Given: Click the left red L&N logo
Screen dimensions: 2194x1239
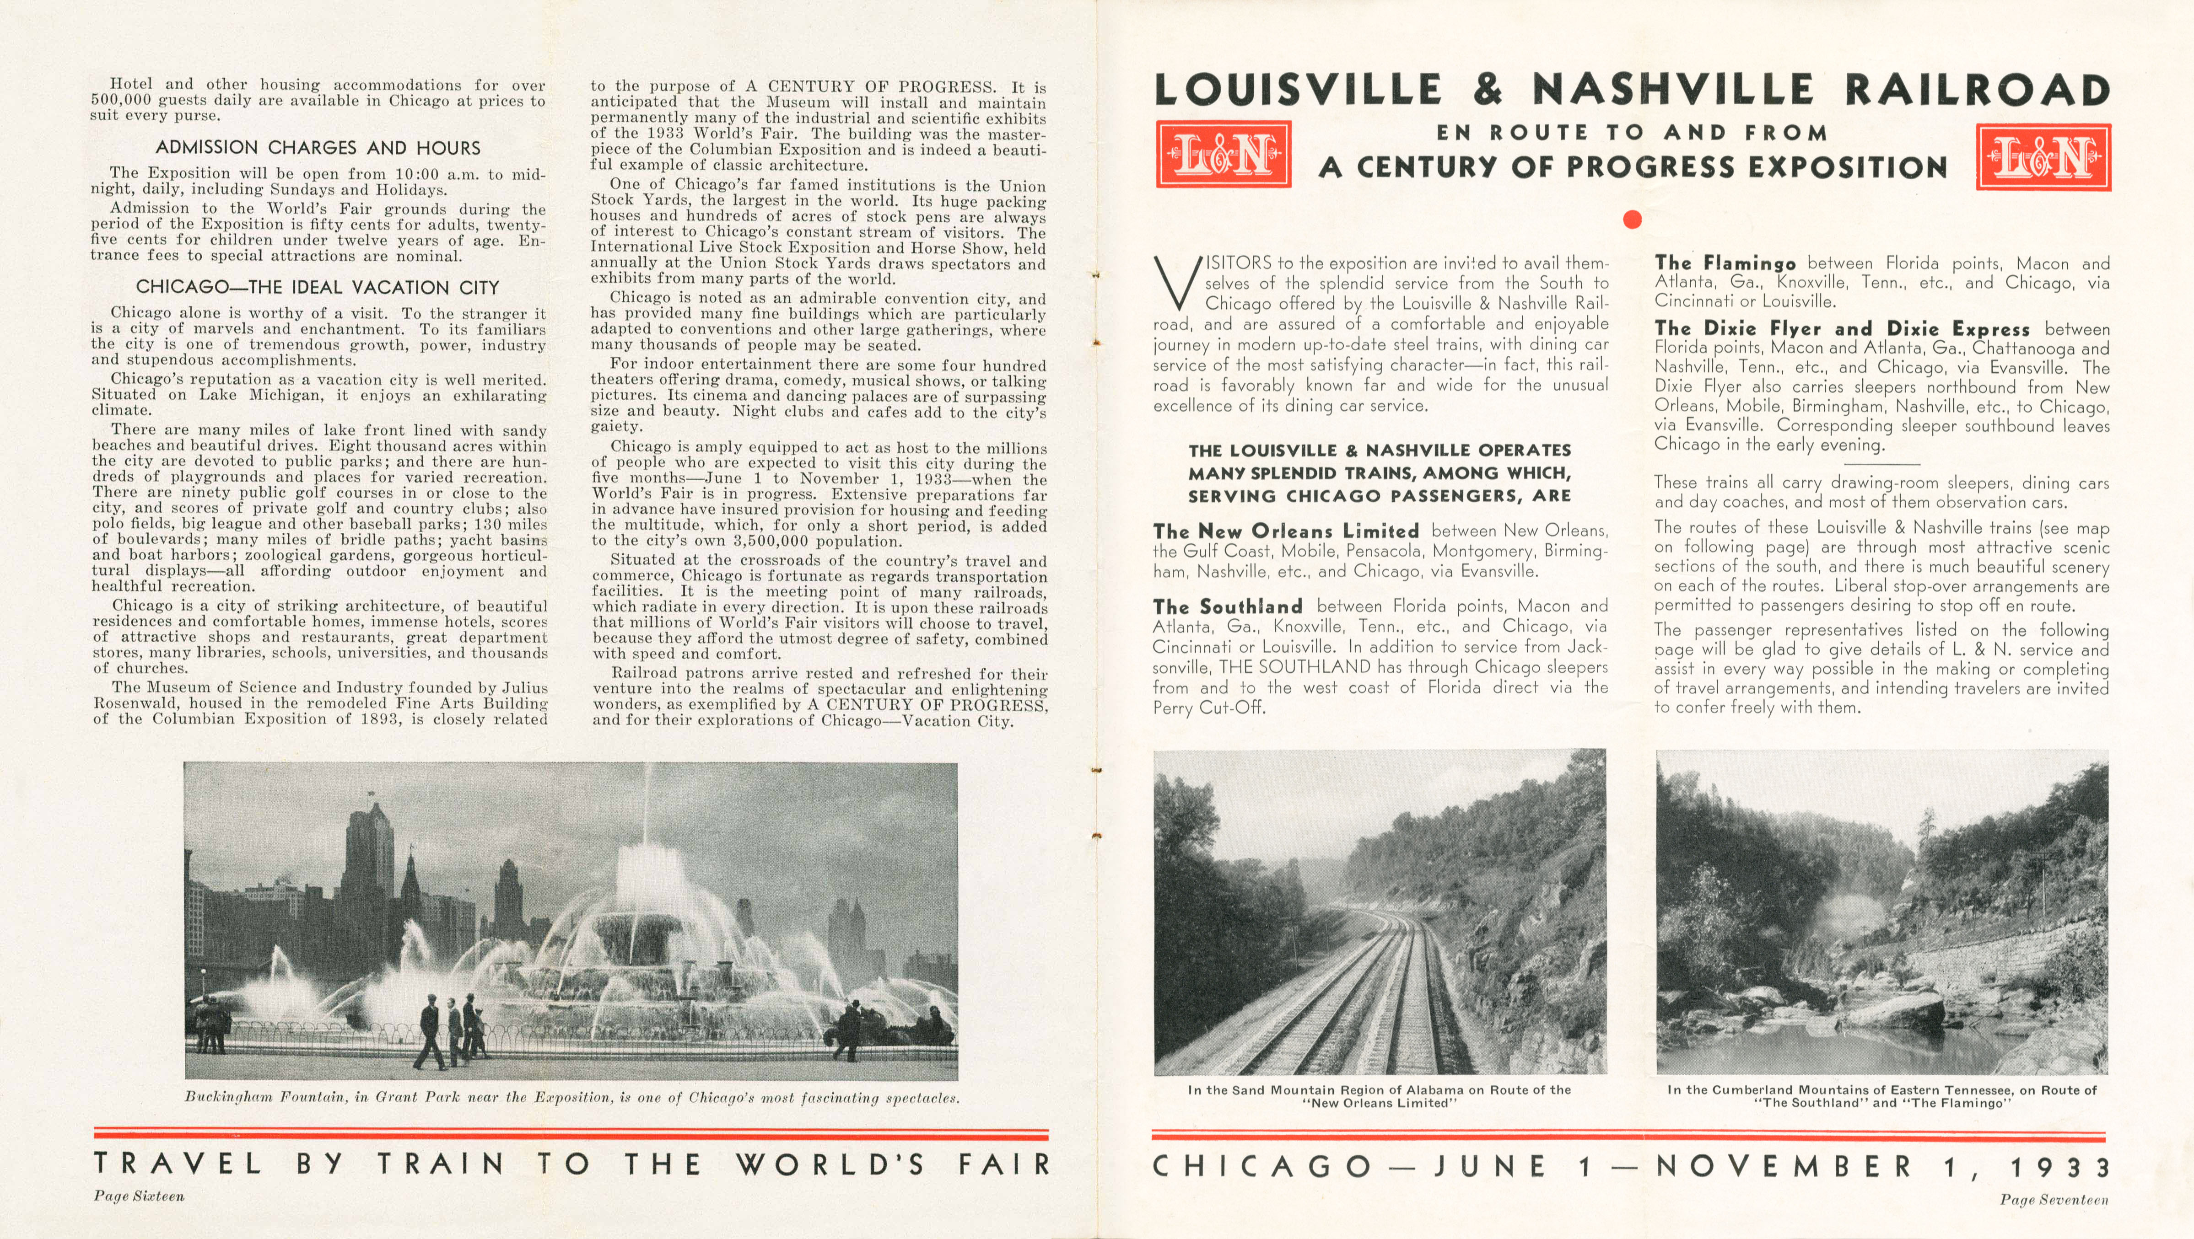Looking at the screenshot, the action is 1223,154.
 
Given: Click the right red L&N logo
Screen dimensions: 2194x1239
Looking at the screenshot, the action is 2043,157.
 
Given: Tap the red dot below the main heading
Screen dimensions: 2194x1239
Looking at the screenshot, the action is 1632,220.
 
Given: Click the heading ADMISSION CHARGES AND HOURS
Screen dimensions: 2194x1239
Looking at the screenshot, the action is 318,147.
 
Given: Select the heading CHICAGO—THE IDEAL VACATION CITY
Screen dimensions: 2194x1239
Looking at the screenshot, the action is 318,287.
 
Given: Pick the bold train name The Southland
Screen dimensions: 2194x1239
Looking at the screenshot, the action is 1227,606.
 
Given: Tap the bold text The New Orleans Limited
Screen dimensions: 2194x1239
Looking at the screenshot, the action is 1286,531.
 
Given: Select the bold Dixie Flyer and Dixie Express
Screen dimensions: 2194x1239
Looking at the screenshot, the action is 1841,329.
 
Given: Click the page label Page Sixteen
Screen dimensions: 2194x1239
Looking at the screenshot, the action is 139,1196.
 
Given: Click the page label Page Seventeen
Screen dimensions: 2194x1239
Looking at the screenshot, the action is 2054,1200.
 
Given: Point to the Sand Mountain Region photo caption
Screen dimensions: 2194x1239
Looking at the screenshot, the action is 1379,1096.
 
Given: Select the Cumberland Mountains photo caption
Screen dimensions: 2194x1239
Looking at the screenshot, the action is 1881,1096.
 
